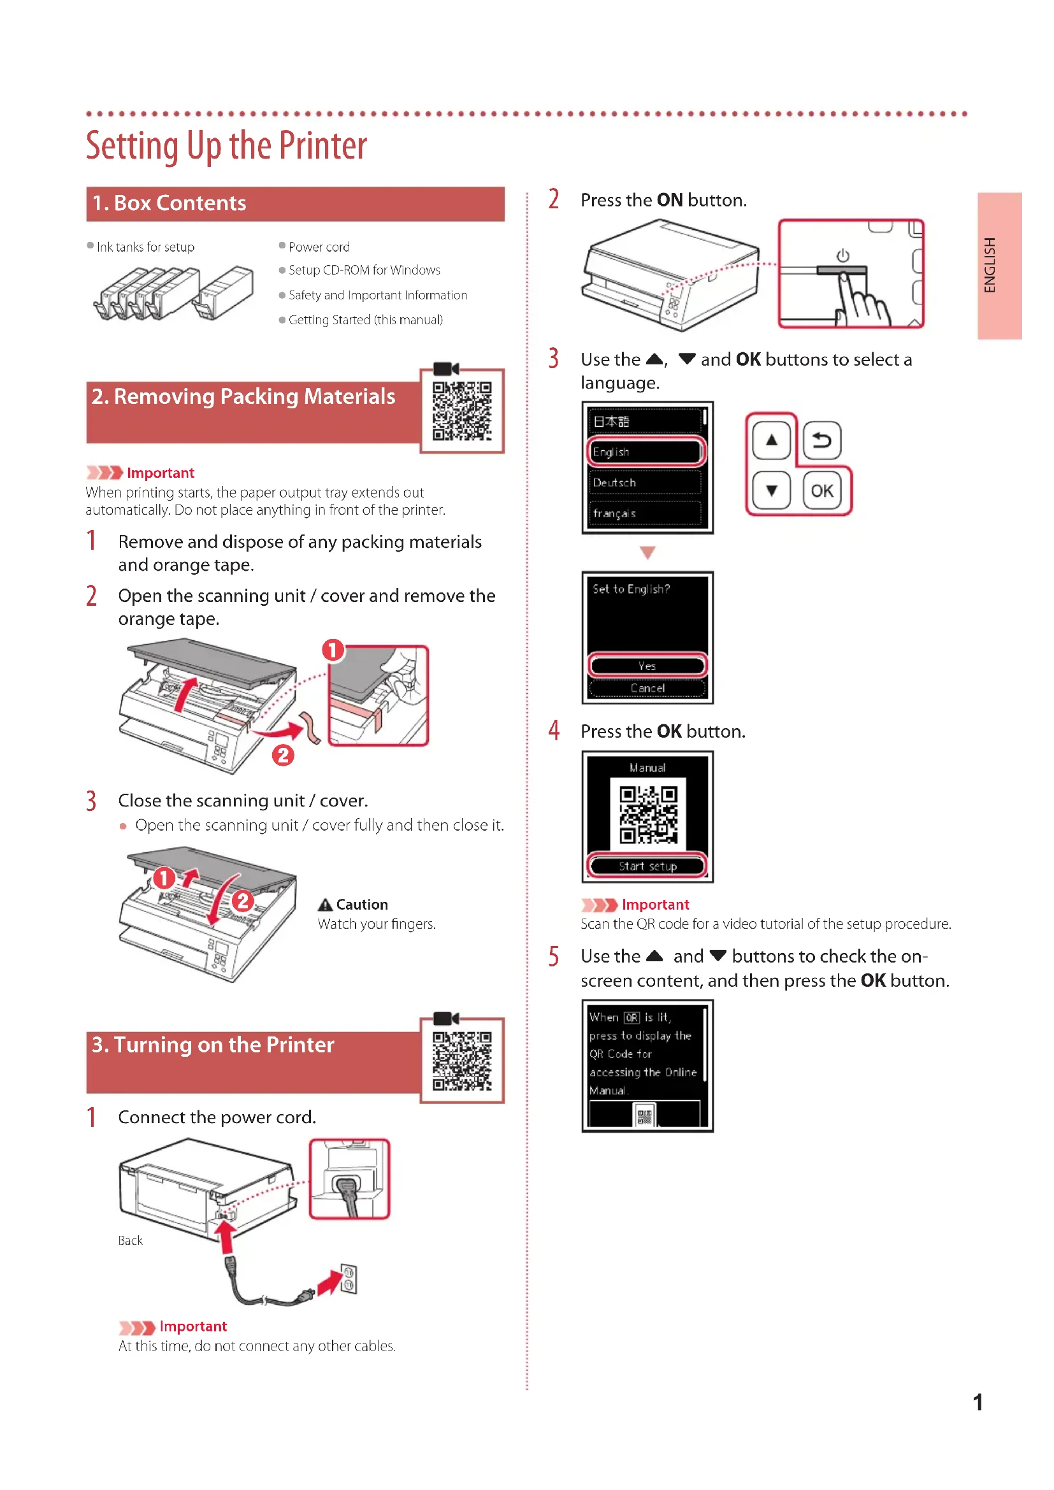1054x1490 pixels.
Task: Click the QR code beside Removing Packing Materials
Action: pyautogui.click(x=462, y=411)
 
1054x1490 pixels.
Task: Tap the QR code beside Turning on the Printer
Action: pyautogui.click(x=462, y=1060)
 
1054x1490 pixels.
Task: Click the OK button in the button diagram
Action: pyautogui.click(x=821, y=491)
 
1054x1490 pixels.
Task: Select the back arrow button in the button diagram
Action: pyautogui.click(x=821, y=441)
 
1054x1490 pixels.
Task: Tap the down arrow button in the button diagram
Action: pyautogui.click(x=771, y=491)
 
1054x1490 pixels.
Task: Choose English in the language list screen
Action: pyautogui.click(x=646, y=452)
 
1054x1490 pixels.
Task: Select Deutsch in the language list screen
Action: pyautogui.click(x=646, y=482)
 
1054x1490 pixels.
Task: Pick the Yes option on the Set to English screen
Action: pyautogui.click(x=647, y=666)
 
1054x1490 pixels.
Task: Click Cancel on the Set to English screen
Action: pyautogui.click(x=647, y=688)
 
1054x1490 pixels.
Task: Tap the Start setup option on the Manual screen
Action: pyautogui.click(x=647, y=866)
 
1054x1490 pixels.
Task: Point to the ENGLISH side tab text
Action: pyautogui.click(x=990, y=266)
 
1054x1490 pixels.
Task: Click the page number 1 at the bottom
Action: pyautogui.click(x=978, y=1402)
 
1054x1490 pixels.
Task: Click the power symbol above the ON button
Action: pyautogui.click(x=842, y=255)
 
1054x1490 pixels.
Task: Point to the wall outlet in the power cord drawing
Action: pyautogui.click(x=349, y=1279)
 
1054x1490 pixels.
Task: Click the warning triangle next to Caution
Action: pyautogui.click(x=325, y=905)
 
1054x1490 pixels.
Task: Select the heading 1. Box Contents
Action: pyautogui.click(x=170, y=203)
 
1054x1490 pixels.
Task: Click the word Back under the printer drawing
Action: pyautogui.click(x=130, y=1240)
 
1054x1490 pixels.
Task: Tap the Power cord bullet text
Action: pyautogui.click(x=319, y=247)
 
